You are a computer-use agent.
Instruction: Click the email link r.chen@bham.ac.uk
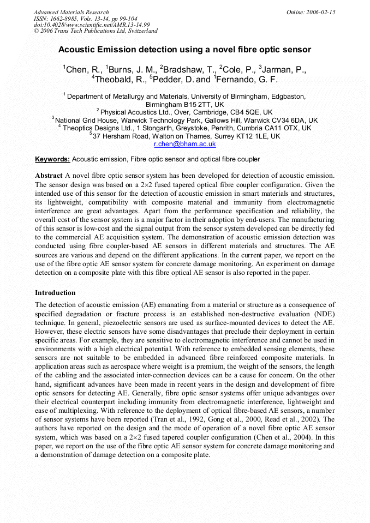(185, 144)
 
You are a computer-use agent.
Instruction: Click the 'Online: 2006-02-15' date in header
(311, 12)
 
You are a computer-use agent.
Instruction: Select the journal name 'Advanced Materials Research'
(71, 12)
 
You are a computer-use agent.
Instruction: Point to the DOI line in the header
(84, 25)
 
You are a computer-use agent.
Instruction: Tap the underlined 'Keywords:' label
(52, 159)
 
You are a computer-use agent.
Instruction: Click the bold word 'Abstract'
(49, 176)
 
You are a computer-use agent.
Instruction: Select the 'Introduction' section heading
(55, 292)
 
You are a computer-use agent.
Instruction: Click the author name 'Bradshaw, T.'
(188, 69)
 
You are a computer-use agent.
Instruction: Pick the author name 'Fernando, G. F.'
(247, 80)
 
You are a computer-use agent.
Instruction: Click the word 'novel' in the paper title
(221, 50)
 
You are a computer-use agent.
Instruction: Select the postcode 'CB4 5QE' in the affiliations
(256, 112)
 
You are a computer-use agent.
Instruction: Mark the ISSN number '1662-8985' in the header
(66, 19)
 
